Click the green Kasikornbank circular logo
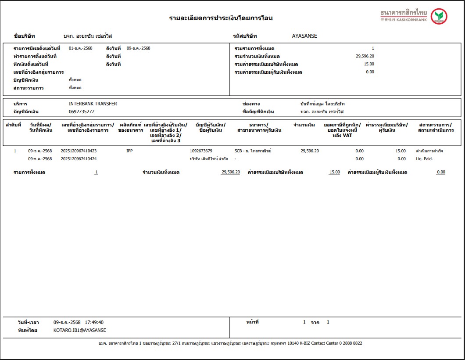click(439, 17)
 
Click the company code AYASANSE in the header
click(304, 36)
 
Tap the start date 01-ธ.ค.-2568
click(81, 48)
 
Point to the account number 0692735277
click(82, 112)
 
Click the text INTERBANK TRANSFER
click(93, 104)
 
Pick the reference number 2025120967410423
click(79, 151)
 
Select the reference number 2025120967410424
click(79, 159)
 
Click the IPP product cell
click(129, 151)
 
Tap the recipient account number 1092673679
click(201, 151)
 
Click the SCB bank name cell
click(253, 151)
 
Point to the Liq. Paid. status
click(424, 159)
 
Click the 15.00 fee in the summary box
click(369, 64)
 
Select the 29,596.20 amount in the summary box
click(365, 56)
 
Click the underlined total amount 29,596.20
click(230, 173)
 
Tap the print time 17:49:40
click(94, 322)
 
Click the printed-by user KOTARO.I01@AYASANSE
click(80, 330)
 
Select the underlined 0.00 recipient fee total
click(440, 173)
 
